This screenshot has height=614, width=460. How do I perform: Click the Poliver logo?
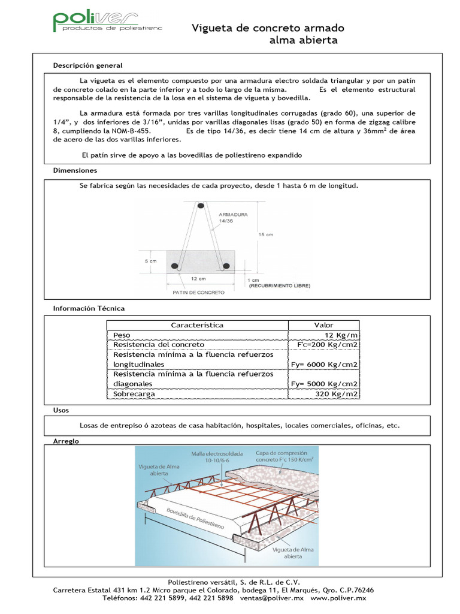pos(96,22)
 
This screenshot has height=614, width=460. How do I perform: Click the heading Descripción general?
pos(87,65)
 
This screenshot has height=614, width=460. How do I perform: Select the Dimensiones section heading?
pos(75,171)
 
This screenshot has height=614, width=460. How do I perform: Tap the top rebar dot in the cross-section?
pos(201,206)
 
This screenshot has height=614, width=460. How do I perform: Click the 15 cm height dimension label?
pos(265,234)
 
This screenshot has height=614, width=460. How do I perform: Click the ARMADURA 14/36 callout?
pos(234,217)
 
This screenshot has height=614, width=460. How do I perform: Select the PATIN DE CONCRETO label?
pos(198,293)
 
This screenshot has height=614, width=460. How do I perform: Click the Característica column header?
pos(197,325)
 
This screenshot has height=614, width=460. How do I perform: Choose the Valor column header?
pos(323,325)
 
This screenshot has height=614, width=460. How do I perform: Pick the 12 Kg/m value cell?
pos(341,335)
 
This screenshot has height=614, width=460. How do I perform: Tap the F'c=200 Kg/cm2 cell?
pos(328,345)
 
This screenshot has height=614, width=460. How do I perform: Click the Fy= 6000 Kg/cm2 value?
pos(324,365)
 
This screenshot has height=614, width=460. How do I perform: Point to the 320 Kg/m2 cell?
pos(337,394)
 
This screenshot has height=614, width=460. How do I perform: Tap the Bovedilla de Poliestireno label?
pos(195,517)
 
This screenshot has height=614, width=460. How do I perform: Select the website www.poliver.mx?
pos(338,598)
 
